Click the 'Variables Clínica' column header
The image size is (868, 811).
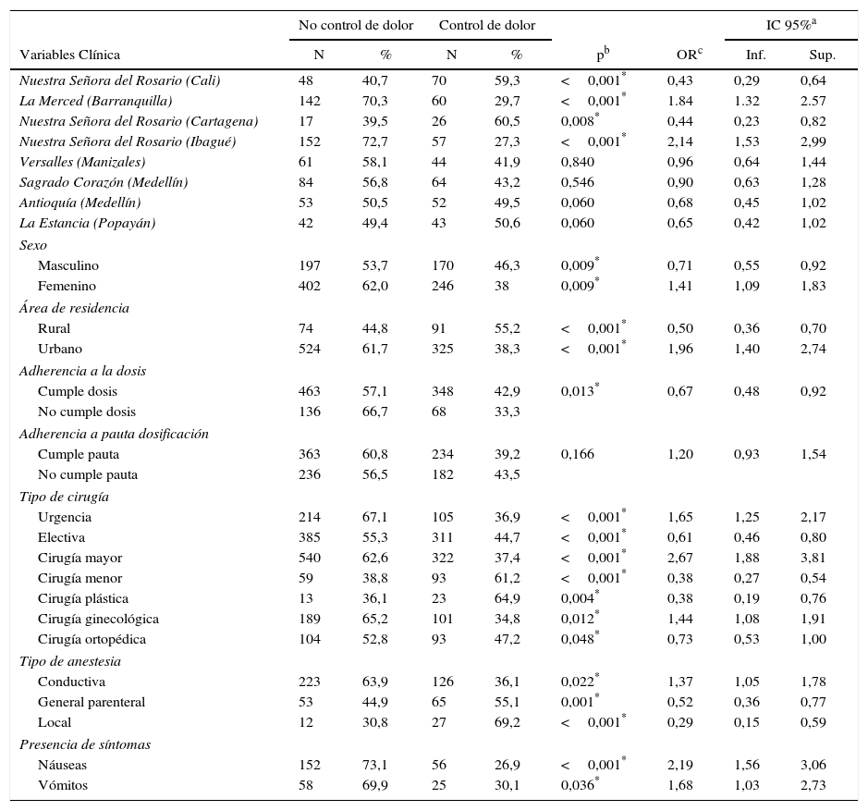[x=70, y=55]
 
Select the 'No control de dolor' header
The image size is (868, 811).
[x=356, y=25]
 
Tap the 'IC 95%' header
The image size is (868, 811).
[x=790, y=25]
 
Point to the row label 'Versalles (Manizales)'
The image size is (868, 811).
[x=82, y=162]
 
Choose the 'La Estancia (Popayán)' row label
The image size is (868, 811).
[x=87, y=223]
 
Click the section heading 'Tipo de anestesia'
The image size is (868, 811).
[x=70, y=661]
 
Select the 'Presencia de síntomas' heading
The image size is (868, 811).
[x=85, y=744]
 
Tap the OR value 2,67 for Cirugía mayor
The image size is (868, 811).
[x=679, y=558]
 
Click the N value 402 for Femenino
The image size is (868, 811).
[x=310, y=286]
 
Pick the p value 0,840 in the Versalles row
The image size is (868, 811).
[x=578, y=162]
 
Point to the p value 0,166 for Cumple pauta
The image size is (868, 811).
[x=578, y=454]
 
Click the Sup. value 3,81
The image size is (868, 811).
[x=813, y=558]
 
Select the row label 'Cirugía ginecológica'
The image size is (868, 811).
[x=98, y=619]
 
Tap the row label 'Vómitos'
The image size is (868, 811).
[x=62, y=785]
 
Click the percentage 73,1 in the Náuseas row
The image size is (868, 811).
[x=374, y=765]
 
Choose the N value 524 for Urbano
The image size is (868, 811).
[x=310, y=349]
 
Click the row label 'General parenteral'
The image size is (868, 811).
[x=92, y=702]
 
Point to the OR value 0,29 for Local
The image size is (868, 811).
[x=679, y=722]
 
